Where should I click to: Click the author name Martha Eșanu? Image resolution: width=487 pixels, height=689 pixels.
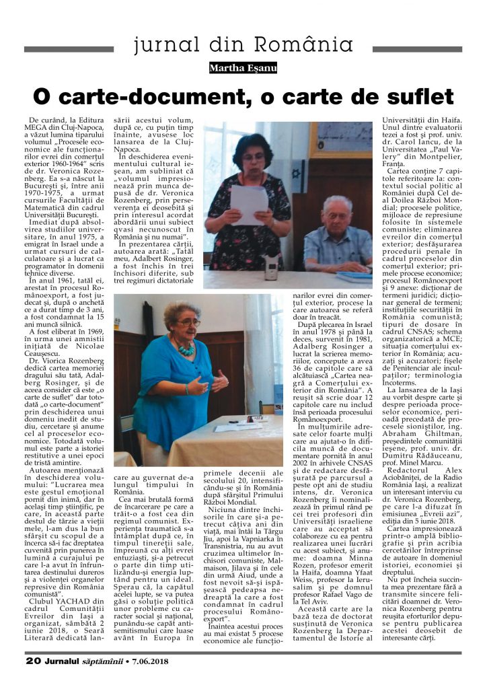click(243, 68)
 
